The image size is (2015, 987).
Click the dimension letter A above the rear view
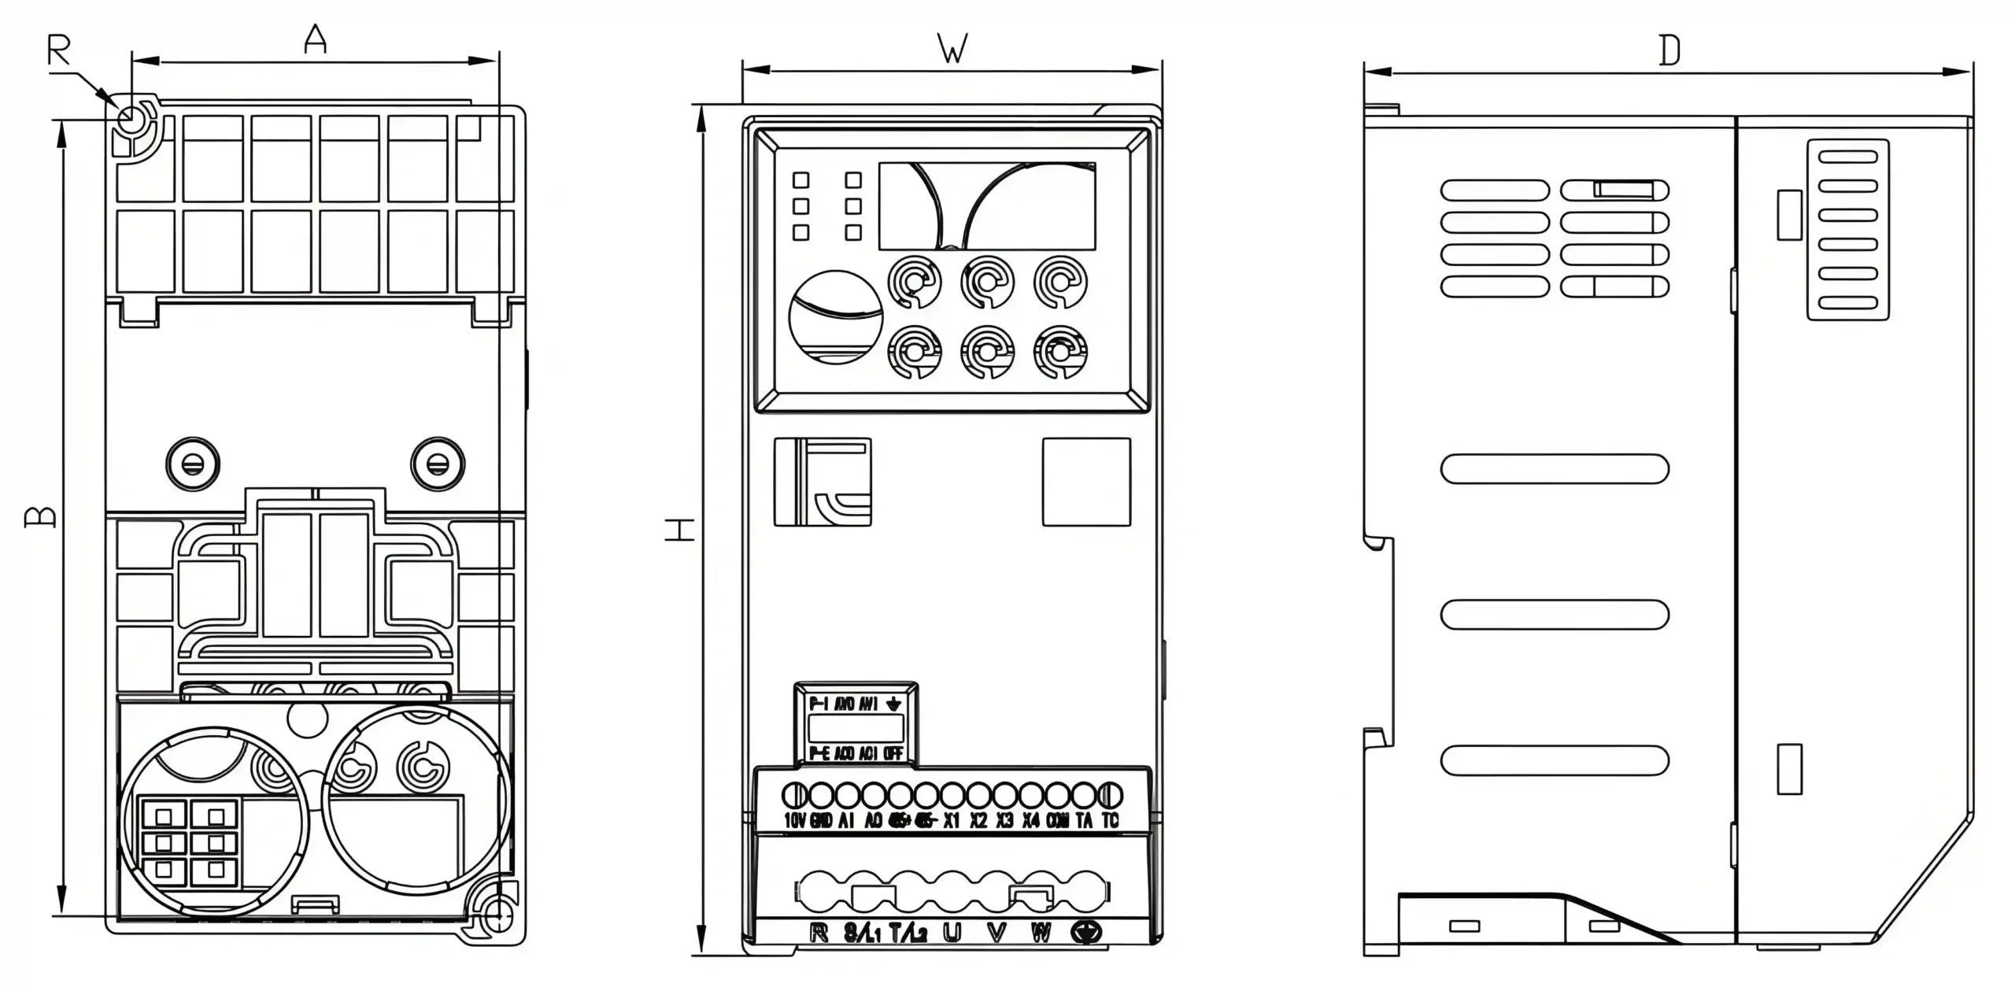316,39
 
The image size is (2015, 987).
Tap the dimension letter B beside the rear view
41,516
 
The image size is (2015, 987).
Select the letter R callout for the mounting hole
59,51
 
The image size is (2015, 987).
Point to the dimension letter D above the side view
1669,51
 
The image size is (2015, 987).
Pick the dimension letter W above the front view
952,50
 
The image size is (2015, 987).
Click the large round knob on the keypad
835,317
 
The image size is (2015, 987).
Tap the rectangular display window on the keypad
986,206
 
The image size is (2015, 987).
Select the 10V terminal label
795,820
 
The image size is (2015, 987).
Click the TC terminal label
1110,820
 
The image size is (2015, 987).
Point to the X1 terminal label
952,820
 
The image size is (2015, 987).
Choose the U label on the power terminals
952,933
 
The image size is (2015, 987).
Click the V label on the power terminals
996,933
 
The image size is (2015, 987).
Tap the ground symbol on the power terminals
1086,933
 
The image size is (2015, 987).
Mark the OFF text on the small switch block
893,753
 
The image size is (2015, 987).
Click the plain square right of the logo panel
1086,482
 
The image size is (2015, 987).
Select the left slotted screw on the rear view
193,464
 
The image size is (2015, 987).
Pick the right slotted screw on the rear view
438,464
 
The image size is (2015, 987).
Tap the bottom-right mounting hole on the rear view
497,915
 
